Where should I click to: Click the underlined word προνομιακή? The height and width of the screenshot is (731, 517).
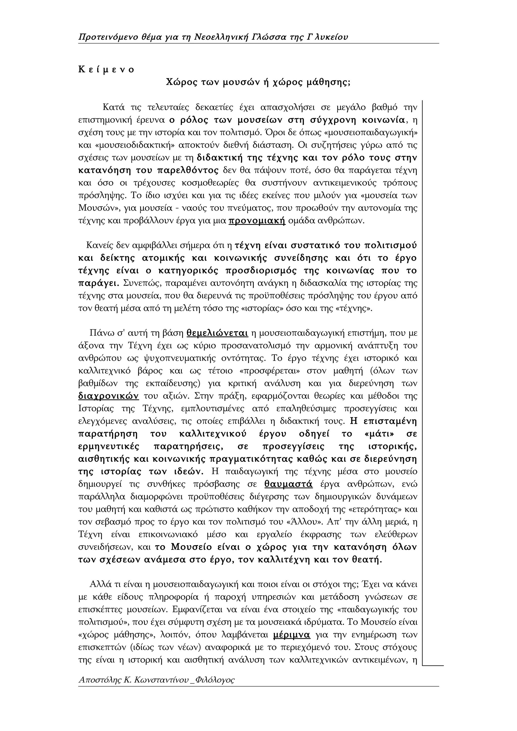[257, 221]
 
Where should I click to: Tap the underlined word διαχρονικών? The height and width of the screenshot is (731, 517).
[109, 396]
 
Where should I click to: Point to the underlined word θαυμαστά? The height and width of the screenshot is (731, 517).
[289, 484]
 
